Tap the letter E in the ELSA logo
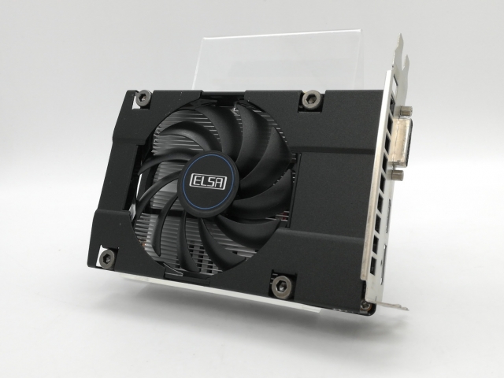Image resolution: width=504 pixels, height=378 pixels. click(197, 181)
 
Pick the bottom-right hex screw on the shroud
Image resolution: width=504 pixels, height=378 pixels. click(281, 285)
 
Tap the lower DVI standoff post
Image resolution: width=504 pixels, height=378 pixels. click(398, 175)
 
